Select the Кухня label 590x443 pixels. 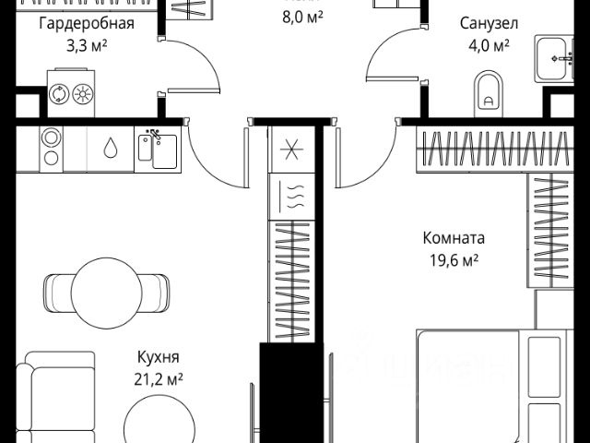coord(157,357)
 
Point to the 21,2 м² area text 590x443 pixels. coord(157,378)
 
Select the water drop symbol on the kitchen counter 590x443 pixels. coord(111,149)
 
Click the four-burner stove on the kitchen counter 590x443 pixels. coord(52,149)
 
